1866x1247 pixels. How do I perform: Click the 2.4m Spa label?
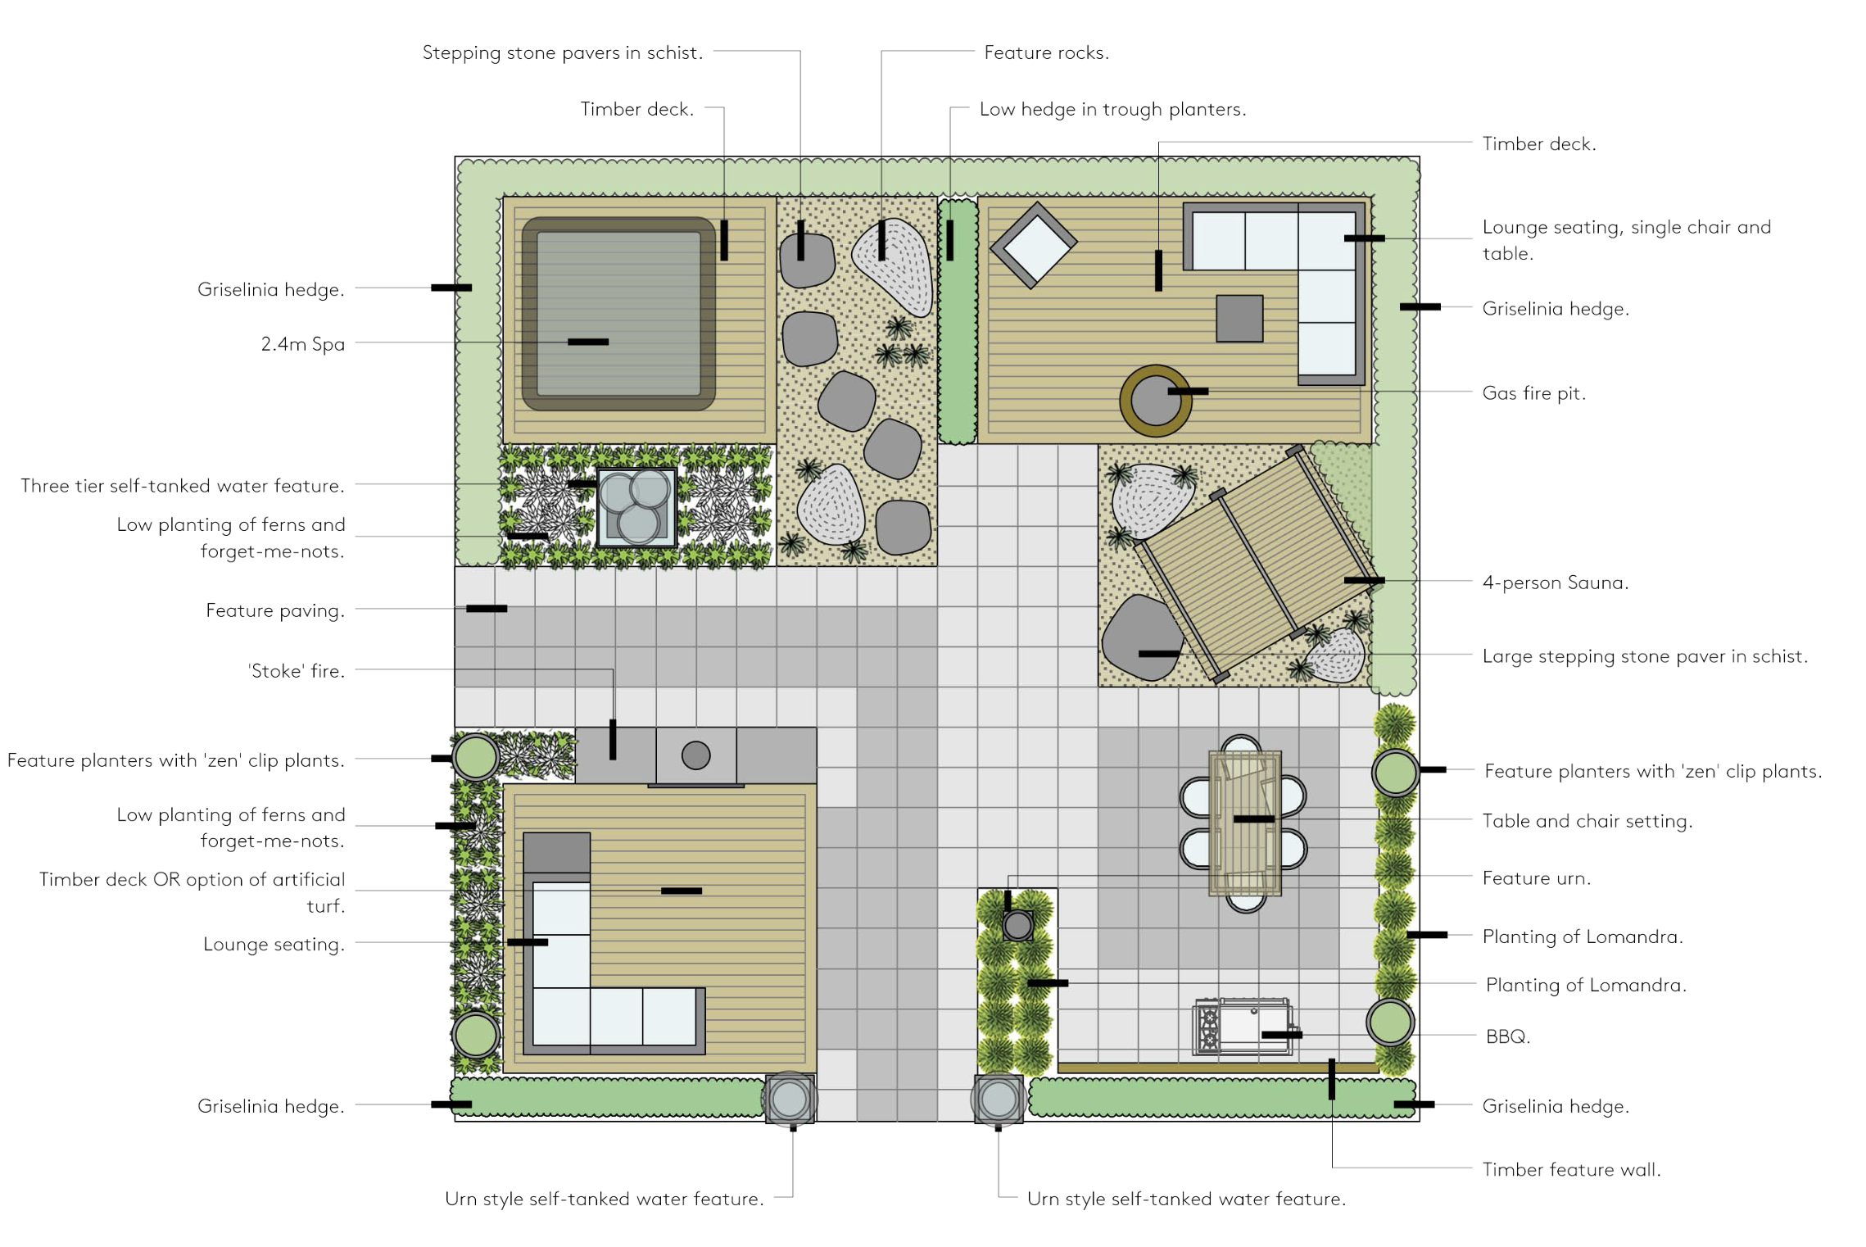(x=302, y=344)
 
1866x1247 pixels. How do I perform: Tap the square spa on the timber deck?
(x=618, y=314)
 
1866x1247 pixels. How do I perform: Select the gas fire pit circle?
(x=1155, y=401)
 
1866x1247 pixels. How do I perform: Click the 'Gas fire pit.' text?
(x=1533, y=393)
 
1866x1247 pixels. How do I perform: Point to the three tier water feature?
(x=637, y=507)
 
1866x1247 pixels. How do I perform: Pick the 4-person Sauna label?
(x=1555, y=583)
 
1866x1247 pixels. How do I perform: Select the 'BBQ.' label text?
(x=1507, y=1036)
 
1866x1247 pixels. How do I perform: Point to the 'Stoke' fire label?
(x=296, y=671)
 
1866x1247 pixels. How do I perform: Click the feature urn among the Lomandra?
(x=1017, y=926)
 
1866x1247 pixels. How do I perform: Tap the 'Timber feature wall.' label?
(x=1571, y=1170)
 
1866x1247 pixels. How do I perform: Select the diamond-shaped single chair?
(x=1033, y=244)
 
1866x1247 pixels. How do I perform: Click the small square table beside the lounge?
(x=1239, y=318)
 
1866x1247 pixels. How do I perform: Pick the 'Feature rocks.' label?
(x=1046, y=53)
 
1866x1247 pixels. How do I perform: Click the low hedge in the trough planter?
(x=958, y=321)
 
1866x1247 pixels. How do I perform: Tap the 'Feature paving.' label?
(x=275, y=611)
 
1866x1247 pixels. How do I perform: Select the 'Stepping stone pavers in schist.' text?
(x=563, y=53)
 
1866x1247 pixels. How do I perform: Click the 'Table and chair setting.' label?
(x=1587, y=821)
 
